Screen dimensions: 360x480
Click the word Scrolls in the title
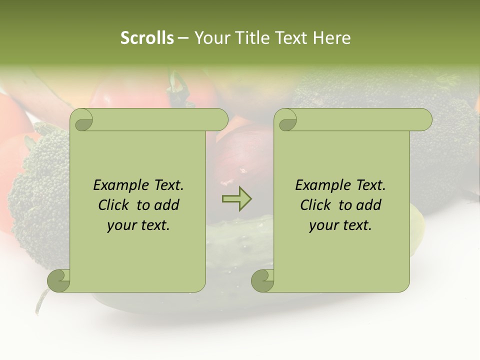[147, 38]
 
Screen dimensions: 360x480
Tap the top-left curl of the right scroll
[287, 120]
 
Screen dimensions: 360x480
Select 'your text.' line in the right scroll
[340, 225]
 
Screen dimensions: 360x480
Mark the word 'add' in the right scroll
[368, 205]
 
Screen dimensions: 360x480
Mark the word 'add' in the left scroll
[166, 205]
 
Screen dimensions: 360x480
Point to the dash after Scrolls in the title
[183, 38]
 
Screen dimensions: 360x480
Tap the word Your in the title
[209, 38]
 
